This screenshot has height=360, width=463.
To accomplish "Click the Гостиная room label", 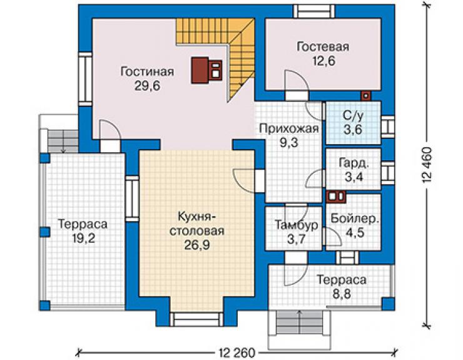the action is pyautogui.click(x=147, y=72).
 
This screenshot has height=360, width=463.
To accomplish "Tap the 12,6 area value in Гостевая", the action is pyautogui.click(x=323, y=61).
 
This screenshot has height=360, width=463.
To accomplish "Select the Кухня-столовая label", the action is pyautogui.click(x=196, y=224).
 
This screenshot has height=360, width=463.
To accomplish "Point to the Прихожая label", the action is pyautogui.click(x=289, y=129).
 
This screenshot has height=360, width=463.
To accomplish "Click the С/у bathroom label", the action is pyautogui.click(x=353, y=116).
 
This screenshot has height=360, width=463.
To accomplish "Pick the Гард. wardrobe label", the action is pyautogui.click(x=354, y=163).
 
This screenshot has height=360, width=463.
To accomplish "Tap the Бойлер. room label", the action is pyautogui.click(x=355, y=219).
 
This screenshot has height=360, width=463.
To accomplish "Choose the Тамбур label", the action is pyautogui.click(x=296, y=225).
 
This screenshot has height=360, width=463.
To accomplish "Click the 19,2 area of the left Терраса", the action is pyautogui.click(x=84, y=238).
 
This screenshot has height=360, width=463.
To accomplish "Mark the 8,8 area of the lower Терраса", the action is pyautogui.click(x=341, y=294).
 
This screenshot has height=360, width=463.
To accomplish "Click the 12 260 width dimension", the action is pyautogui.click(x=237, y=352).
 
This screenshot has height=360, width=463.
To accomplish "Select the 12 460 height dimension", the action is pyautogui.click(x=427, y=165).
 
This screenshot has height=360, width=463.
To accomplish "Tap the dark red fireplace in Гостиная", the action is pyautogui.click(x=206, y=70).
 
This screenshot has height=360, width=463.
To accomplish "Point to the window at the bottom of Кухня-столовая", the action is pyautogui.click(x=196, y=319).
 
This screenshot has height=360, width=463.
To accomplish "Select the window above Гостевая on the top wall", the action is pyautogui.click(x=314, y=11).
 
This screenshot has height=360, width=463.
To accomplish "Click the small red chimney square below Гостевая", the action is pyautogui.click(x=365, y=95).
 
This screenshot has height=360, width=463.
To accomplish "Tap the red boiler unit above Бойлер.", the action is pyautogui.click(x=336, y=197).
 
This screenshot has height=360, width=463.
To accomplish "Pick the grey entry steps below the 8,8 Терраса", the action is pyautogui.click(x=300, y=322).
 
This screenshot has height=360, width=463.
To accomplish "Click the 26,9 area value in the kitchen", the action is pyautogui.click(x=196, y=245).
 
